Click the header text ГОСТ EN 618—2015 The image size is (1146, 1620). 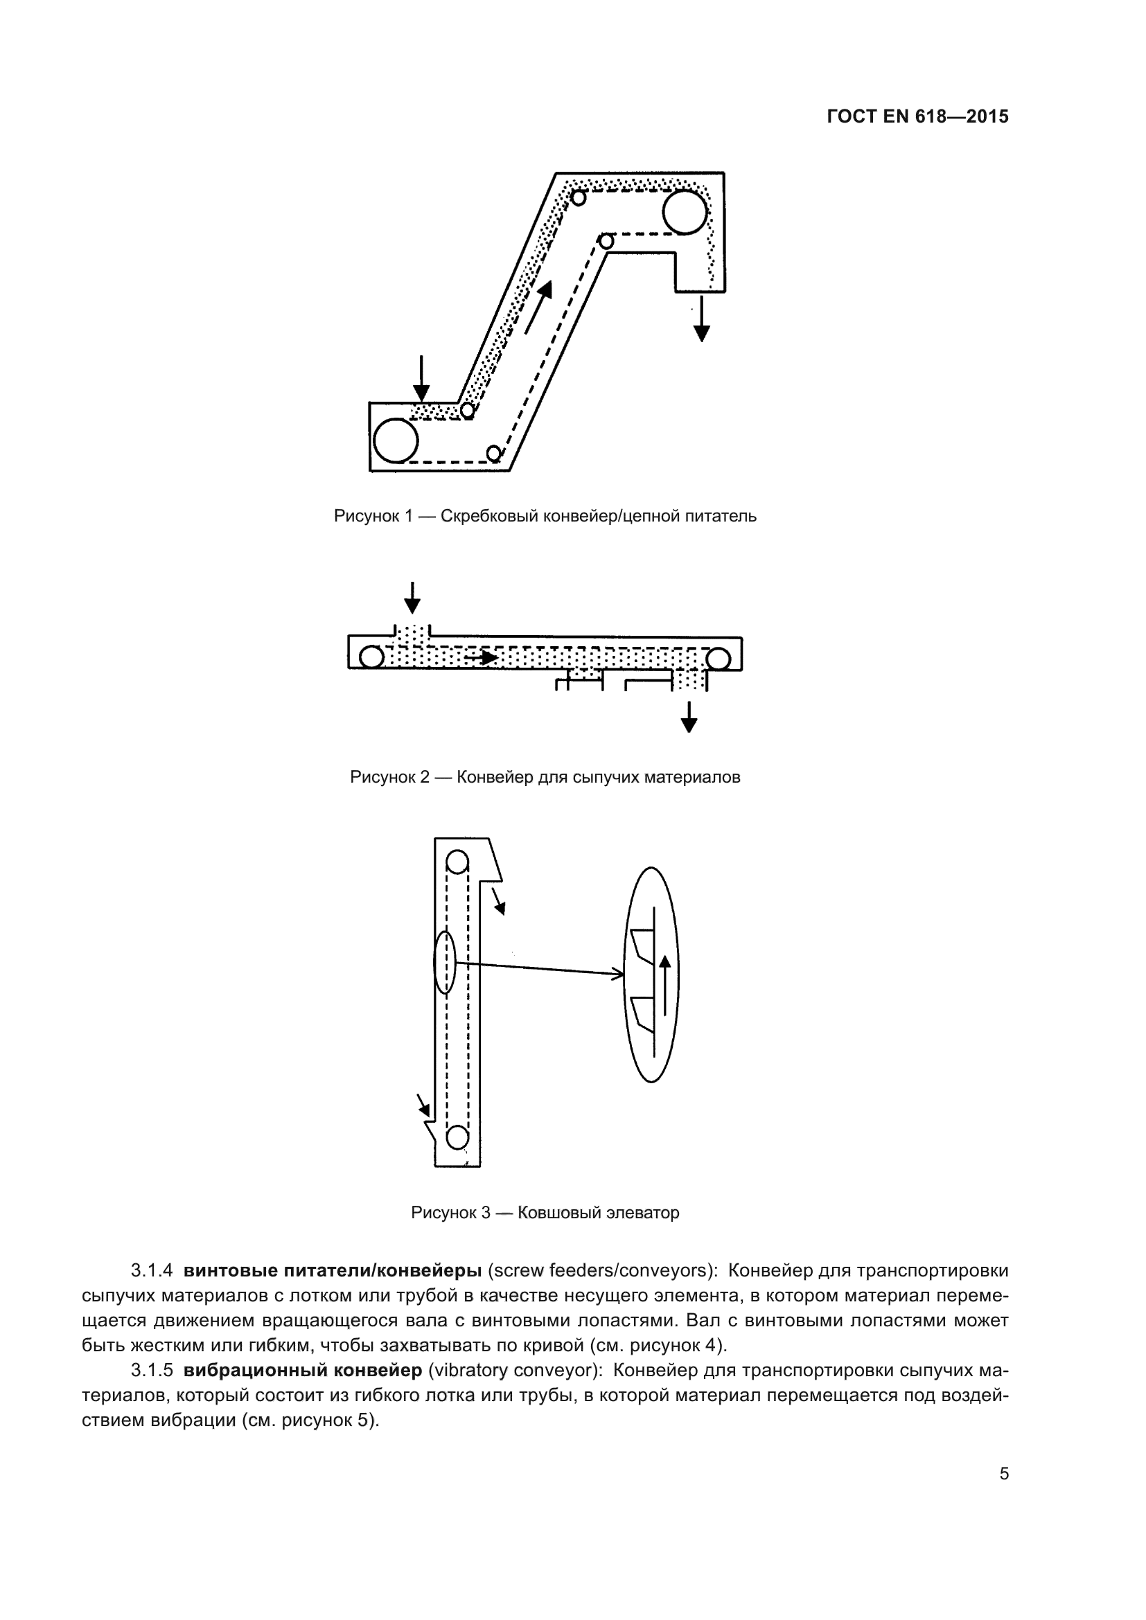click(917, 117)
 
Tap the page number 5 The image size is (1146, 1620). click(1003, 1473)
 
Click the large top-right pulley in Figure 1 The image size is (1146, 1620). click(685, 212)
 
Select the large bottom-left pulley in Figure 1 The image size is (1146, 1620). click(396, 440)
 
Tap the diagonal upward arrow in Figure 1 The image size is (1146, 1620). click(538, 306)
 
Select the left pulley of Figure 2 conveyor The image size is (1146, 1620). click(371, 657)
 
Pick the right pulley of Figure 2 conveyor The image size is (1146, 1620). click(718, 659)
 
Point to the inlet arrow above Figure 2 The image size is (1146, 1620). click(412, 598)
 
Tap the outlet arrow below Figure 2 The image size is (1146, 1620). click(689, 717)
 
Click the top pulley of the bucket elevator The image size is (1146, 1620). click(457, 862)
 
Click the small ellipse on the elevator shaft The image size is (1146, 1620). click(445, 963)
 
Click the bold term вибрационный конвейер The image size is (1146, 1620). click(302, 1370)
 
